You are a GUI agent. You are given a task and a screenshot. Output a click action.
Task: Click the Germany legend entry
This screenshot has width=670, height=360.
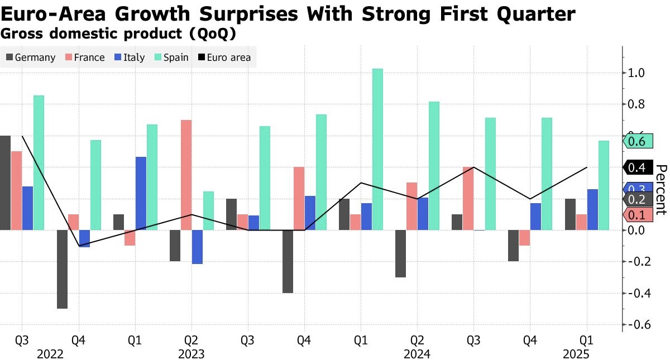(x=31, y=57)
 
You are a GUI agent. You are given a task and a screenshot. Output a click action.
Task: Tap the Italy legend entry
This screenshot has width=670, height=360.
(x=129, y=57)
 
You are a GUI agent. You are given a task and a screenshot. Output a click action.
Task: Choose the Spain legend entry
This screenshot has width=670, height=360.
(x=170, y=57)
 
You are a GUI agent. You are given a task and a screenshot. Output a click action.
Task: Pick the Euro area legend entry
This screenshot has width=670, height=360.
(x=223, y=57)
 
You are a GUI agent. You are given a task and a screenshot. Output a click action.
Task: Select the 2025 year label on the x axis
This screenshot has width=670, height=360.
(x=576, y=354)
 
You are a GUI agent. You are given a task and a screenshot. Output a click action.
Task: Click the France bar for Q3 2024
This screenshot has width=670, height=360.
(x=468, y=198)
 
